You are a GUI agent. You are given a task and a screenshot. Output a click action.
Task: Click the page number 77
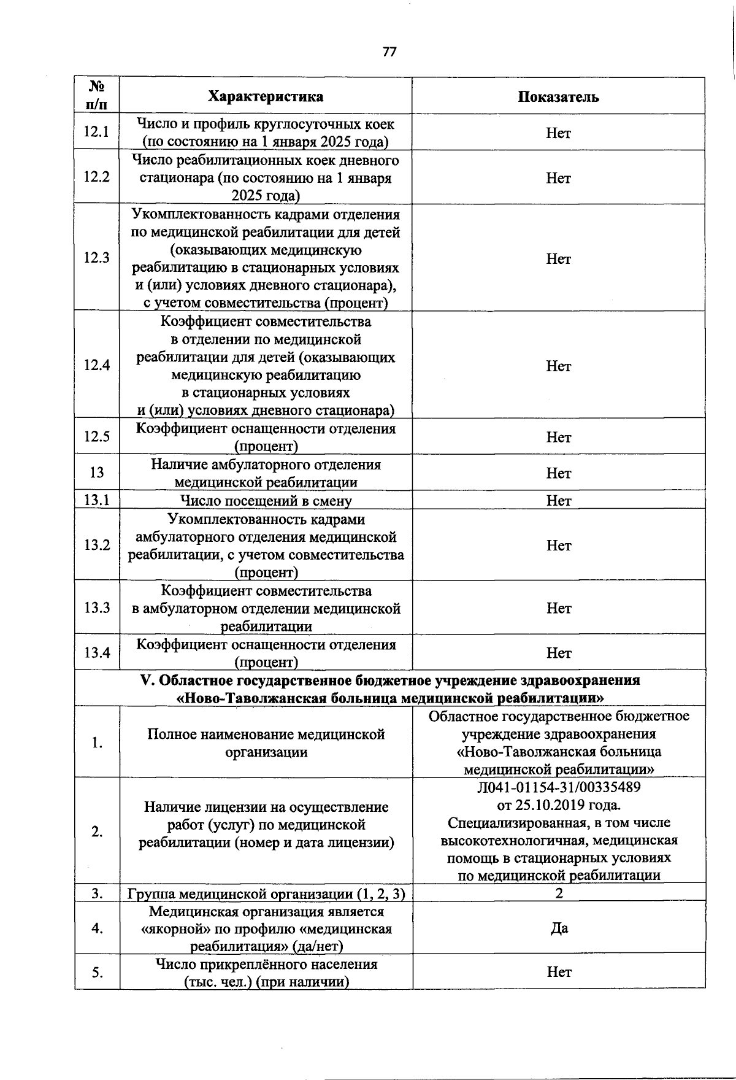(389, 52)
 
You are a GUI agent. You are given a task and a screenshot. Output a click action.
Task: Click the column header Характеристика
(266, 96)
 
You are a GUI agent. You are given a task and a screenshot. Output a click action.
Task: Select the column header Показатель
(558, 96)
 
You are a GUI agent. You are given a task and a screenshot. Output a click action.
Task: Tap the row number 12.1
(97, 132)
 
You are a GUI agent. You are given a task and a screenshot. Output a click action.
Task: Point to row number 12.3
(97, 258)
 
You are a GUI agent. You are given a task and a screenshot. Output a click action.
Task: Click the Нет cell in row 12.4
(558, 366)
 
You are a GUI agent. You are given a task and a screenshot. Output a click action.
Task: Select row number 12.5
(97, 436)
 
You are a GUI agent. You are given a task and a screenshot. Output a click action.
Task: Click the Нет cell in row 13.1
(558, 501)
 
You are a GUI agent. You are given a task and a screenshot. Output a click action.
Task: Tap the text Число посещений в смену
(266, 501)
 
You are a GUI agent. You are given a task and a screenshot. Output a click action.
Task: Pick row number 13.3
(97, 607)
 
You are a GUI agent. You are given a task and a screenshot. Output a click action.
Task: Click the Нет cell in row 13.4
(558, 653)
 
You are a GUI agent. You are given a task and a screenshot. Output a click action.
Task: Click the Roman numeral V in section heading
(146, 681)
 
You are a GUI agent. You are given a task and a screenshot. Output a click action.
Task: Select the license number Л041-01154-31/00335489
(558, 787)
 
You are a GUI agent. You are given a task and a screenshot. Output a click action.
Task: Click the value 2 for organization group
(558, 893)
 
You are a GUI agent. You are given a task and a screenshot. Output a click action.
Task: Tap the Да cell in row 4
(558, 928)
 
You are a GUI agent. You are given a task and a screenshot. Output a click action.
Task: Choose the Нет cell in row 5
(558, 972)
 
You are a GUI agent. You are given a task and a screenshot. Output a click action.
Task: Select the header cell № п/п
(97, 95)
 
